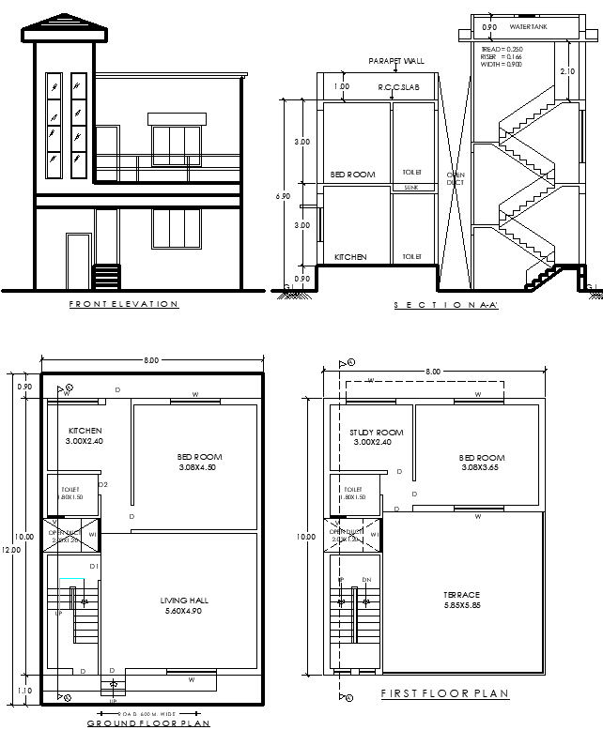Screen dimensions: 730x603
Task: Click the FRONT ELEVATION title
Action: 124,304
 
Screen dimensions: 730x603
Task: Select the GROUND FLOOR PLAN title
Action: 148,722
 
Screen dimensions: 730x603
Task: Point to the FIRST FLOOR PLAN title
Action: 444,693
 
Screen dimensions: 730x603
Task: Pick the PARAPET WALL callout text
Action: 397,62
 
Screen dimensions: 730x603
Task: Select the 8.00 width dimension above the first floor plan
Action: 432,373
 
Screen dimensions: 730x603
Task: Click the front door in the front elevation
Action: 78,262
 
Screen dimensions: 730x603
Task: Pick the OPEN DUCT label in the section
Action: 455,178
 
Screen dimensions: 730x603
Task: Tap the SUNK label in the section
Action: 411,188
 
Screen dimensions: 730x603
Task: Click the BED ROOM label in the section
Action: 352,175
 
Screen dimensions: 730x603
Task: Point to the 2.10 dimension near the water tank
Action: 568,71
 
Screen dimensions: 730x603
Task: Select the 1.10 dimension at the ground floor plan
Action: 24,690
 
